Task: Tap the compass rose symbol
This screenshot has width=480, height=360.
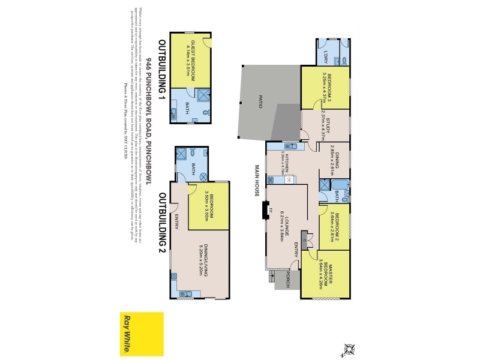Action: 348,348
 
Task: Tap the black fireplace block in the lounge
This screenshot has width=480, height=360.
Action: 264,211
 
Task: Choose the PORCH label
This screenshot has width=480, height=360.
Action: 289,277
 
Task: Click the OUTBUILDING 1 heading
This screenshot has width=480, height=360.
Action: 161,69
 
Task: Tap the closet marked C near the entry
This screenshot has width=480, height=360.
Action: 305,239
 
